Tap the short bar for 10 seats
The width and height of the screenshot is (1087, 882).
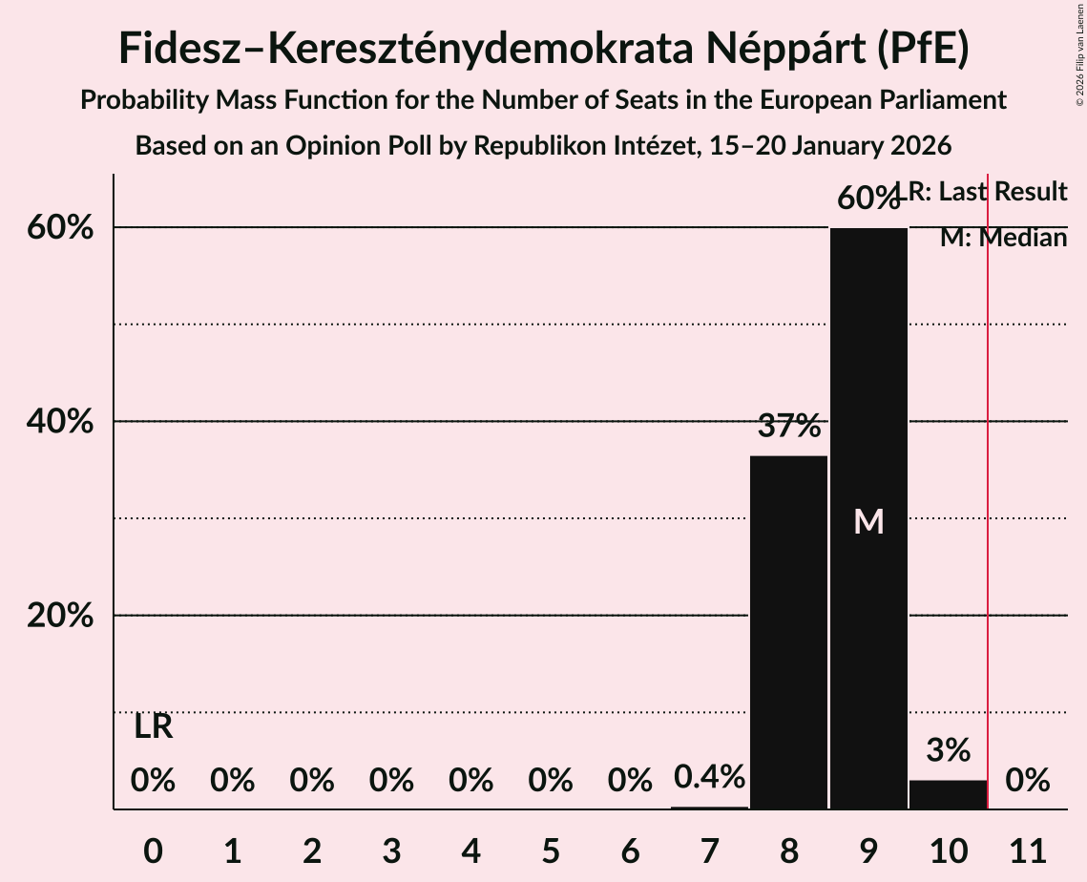(948, 794)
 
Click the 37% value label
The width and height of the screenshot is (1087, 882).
(789, 426)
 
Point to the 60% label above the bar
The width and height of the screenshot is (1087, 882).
(868, 199)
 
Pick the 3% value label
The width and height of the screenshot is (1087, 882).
(948, 750)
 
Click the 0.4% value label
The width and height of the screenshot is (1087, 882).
(709, 777)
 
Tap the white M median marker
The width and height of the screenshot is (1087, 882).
(868, 521)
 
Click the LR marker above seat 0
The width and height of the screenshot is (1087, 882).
(153, 727)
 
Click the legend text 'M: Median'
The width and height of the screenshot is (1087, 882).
(1003, 238)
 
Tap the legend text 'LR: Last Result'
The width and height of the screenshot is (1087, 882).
(983, 192)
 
